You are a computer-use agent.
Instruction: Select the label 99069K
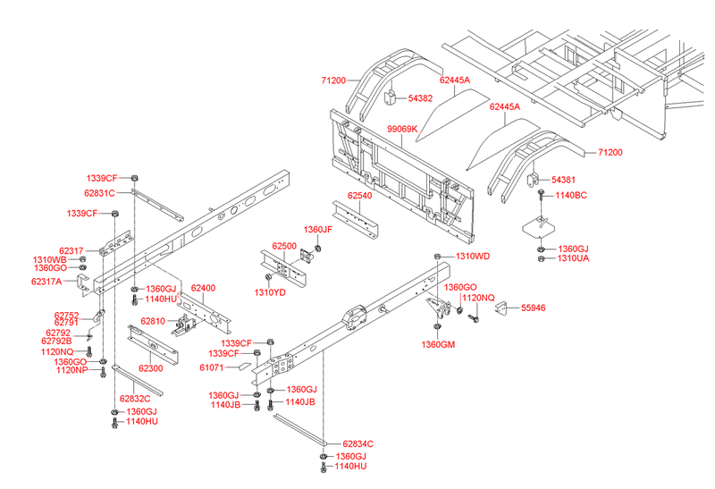pos(401,129)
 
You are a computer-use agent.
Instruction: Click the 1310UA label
pos(573,258)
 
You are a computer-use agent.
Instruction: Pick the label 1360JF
pos(318,230)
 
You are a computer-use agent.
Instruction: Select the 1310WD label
pos(473,257)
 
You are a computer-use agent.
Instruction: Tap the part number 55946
pos(533,307)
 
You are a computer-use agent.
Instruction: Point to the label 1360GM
pos(439,344)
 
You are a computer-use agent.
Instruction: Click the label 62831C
pos(100,192)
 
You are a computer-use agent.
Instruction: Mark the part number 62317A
pos(46,282)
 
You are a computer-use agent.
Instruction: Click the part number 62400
pos(203,288)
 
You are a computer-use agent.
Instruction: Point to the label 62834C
pos(357,444)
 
